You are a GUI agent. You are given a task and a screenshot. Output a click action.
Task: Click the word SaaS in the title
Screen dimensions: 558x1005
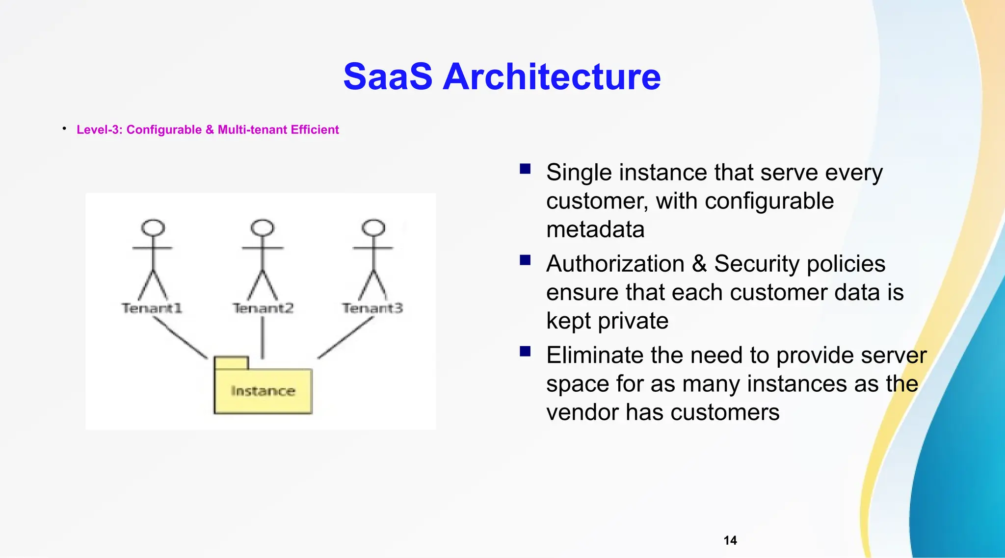[388, 77]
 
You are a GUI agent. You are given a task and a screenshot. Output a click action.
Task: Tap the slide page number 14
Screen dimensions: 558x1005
[730, 540]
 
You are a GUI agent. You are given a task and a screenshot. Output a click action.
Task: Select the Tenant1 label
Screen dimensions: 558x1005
[152, 308]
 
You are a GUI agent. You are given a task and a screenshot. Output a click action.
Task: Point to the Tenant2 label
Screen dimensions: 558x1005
[263, 308]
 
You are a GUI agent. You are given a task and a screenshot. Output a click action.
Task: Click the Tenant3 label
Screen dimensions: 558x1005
[372, 308]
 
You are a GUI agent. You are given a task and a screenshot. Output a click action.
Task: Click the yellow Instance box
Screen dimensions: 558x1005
[263, 391]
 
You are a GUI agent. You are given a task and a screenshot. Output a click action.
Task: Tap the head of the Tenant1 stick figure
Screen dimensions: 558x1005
[153, 228]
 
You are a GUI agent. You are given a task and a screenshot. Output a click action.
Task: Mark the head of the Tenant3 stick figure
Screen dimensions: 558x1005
[373, 228]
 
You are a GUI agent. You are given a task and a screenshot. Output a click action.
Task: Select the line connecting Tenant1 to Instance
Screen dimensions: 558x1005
[180, 338]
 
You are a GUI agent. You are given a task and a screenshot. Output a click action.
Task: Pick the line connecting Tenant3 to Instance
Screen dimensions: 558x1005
[345, 338]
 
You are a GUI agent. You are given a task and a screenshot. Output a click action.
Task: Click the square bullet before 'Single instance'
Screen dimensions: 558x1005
[525, 169]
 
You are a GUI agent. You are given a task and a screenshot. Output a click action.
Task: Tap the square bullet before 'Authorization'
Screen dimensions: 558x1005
[525, 260]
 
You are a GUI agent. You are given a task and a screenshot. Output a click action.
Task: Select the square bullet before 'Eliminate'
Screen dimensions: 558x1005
[525, 351]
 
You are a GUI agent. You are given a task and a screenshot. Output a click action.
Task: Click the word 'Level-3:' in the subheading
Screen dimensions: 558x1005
[100, 129]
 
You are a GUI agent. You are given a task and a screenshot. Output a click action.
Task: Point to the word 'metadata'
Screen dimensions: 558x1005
[595, 229]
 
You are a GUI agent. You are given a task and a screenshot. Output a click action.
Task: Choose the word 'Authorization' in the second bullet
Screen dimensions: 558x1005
[615, 264]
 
